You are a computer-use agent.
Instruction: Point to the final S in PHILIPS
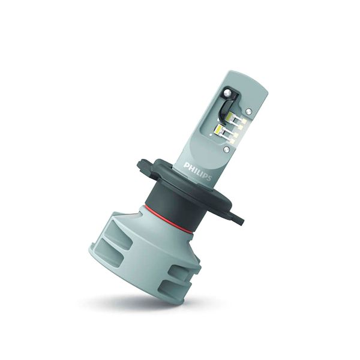pos(208,178)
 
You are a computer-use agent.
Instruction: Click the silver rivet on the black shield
pos(227,93)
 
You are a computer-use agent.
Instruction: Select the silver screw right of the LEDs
pos(248,111)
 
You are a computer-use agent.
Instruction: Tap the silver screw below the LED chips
pos(226,149)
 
